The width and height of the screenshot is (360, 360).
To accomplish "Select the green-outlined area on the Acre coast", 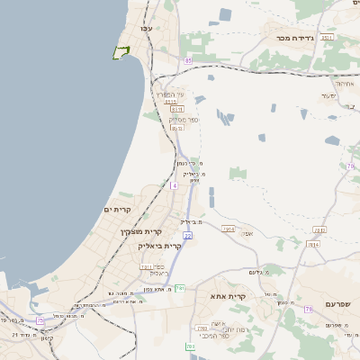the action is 121,52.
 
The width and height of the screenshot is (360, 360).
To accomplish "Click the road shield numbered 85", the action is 187,60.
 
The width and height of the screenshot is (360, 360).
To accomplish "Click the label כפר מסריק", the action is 184,118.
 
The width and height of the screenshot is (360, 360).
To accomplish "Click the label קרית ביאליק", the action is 160,246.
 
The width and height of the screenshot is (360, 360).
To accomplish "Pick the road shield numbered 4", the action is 174,185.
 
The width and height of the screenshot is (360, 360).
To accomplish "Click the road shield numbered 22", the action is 187,235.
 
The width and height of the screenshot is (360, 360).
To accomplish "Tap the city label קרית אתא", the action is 229,296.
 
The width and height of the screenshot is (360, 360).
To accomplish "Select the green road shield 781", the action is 180,288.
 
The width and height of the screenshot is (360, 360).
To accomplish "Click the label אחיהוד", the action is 345,83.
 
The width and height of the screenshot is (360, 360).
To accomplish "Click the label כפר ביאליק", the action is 154,269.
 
